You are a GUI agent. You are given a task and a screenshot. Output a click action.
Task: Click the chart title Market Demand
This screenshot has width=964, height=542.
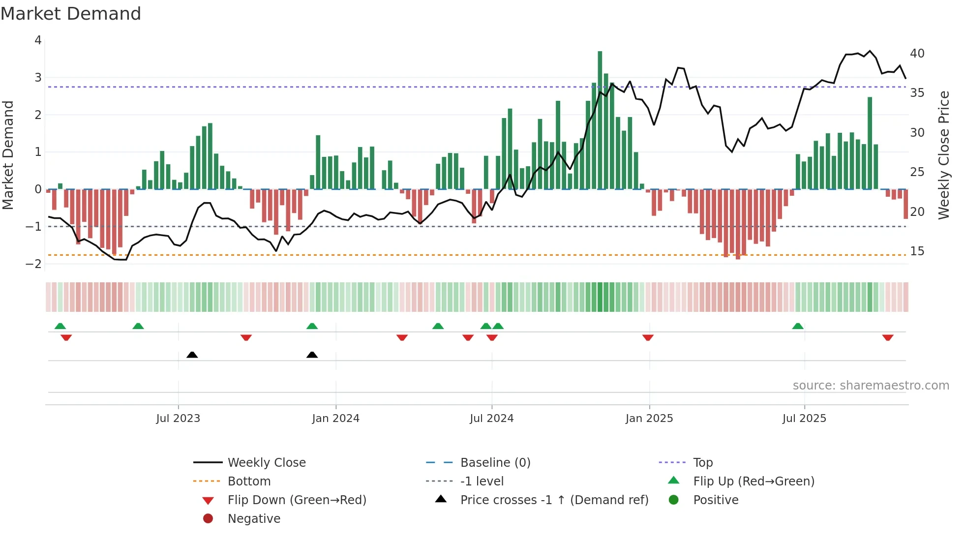tap(71, 13)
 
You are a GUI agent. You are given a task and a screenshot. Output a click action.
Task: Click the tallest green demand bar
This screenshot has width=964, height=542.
tap(600, 118)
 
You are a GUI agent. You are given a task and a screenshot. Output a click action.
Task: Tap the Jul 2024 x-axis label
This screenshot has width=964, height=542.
tap(491, 419)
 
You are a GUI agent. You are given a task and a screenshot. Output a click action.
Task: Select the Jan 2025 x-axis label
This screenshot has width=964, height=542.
tap(649, 419)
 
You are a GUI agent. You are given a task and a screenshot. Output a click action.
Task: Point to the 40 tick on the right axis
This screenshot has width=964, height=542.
tap(917, 53)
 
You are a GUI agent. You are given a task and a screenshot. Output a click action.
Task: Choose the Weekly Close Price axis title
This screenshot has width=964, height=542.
tap(943, 155)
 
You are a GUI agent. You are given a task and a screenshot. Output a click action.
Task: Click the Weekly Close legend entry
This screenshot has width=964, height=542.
tap(266, 462)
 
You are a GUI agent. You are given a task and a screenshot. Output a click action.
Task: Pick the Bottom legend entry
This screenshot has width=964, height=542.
tap(249, 481)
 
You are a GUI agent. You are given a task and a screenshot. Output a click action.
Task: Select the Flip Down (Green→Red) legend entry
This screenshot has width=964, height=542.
tap(297, 500)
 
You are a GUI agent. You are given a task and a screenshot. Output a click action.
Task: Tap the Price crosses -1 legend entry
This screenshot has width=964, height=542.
tap(554, 500)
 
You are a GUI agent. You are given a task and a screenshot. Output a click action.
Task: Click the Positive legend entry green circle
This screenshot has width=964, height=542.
tap(674, 500)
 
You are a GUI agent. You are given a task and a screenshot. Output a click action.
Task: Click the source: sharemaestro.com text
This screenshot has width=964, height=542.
tap(871, 385)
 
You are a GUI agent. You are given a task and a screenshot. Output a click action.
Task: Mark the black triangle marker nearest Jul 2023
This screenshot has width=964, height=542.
tap(192, 355)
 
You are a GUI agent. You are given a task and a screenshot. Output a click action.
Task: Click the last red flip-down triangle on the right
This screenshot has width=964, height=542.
tap(888, 337)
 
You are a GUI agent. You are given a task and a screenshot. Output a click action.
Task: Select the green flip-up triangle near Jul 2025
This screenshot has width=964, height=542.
tap(798, 326)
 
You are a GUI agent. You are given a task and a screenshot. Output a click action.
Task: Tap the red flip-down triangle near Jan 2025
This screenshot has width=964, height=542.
tap(648, 337)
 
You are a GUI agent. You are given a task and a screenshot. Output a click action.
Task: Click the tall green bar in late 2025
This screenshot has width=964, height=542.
tap(870, 143)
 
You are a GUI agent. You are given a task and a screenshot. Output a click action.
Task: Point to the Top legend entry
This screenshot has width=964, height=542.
tap(702, 462)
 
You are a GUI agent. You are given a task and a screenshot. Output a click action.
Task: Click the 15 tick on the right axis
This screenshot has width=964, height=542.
tap(917, 251)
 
